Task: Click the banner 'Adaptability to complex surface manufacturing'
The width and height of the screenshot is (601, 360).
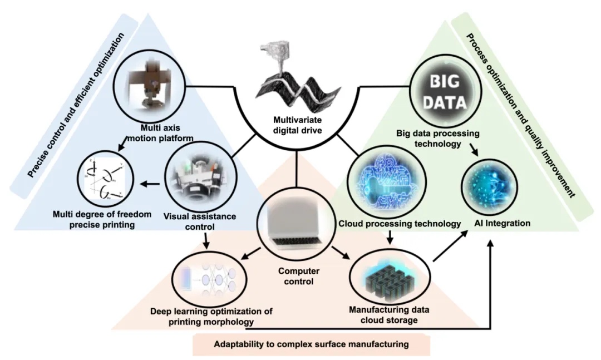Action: pos(311,344)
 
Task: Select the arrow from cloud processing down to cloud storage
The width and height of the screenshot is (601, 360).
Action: pos(390,238)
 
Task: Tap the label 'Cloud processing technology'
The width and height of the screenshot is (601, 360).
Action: pos(400,224)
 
